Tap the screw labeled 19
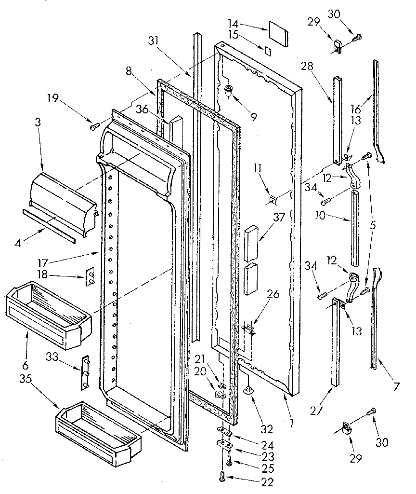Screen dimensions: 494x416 [x=94, y=126]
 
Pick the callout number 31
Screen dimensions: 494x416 [x=154, y=41]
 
